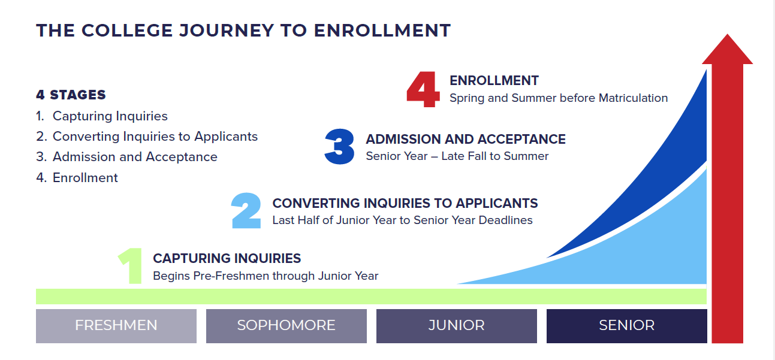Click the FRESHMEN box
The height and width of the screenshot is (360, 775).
pyautogui.click(x=116, y=326)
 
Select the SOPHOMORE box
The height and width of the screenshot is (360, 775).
pyautogui.click(x=287, y=326)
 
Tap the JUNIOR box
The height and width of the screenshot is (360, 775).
pyautogui.click(x=457, y=326)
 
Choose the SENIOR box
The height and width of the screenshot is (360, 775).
pyautogui.click(x=627, y=326)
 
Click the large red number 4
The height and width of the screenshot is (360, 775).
pyautogui.click(x=423, y=89)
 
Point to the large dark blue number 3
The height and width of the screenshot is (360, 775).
pyautogui.click(x=339, y=146)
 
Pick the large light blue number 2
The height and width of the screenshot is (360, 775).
pyautogui.click(x=246, y=211)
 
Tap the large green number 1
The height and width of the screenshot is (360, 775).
pyautogui.click(x=131, y=265)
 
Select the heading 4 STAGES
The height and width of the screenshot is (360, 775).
pyautogui.click(x=71, y=95)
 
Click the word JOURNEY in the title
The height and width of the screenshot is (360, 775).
pyautogui.click(x=227, y=31)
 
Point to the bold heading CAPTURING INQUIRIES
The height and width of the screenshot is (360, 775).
pyautogui.click(x=227, y=258)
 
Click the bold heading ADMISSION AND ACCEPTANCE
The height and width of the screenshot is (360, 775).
pyautogui.click(x=466, y=139)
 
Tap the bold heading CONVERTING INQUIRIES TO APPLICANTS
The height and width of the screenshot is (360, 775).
pyautogui.click(x=405, y=203)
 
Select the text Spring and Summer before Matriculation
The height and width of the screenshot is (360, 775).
pyautogui.click(x=559, y=98)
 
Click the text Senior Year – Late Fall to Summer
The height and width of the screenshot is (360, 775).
pyautogui.click(x=457, y=156)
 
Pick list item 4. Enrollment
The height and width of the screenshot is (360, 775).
pyautogui.click(x=77, y=178)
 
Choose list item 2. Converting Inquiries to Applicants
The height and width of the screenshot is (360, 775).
pyautogui.click(x=147, y=137)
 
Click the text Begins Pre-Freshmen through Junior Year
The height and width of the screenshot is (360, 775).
pyautogui.click(x=266, y=276)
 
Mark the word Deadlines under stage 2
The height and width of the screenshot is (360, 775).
pyautogui.click(x=505, y=220)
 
